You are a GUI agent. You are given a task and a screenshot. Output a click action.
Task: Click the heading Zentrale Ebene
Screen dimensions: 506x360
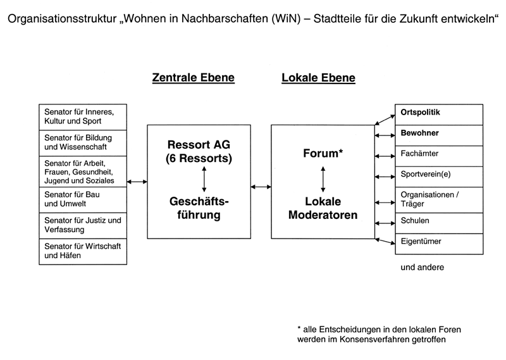[194, 78]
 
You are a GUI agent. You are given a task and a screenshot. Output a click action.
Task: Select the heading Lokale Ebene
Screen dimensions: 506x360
[318, 78]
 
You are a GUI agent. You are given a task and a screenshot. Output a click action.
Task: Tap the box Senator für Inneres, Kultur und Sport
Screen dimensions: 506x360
[83, 117]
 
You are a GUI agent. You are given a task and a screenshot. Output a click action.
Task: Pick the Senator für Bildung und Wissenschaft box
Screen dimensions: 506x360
[83, 144]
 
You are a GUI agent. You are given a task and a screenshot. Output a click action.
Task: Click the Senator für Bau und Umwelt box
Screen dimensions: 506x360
[83, 200]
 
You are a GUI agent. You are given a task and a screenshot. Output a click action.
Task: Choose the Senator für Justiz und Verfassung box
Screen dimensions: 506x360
[83, 226]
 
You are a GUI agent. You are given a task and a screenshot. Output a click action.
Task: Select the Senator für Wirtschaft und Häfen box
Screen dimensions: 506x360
[83, 252]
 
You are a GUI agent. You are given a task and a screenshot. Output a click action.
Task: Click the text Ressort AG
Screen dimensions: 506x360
[199, 145]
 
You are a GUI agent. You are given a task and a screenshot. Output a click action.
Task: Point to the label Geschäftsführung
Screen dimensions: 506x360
[199, 208]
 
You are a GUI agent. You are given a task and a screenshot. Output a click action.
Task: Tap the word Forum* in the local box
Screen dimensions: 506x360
[323, 153]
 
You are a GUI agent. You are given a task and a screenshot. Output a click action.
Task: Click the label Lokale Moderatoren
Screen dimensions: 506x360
[323, 208]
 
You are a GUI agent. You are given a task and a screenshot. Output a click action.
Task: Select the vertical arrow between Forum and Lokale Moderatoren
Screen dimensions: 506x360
[323, 179]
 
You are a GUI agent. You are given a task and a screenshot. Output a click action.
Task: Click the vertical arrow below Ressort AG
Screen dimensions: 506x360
[204, 179]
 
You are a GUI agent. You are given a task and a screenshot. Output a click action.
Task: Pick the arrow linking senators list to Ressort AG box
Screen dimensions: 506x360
[137, 182]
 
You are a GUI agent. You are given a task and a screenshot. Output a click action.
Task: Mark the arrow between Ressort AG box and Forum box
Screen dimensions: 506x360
[261, 187]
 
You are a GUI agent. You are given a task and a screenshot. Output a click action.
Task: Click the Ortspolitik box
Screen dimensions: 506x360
[439, 115]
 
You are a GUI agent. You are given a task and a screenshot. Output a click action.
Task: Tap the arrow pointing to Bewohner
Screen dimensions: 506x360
[385, 135]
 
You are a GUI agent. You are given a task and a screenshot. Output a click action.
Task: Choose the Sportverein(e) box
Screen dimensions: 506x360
[439, 177]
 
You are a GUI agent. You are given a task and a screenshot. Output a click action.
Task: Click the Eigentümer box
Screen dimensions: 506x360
[439, 244]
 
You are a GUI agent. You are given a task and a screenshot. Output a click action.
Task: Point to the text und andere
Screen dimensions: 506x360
[422, 268]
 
